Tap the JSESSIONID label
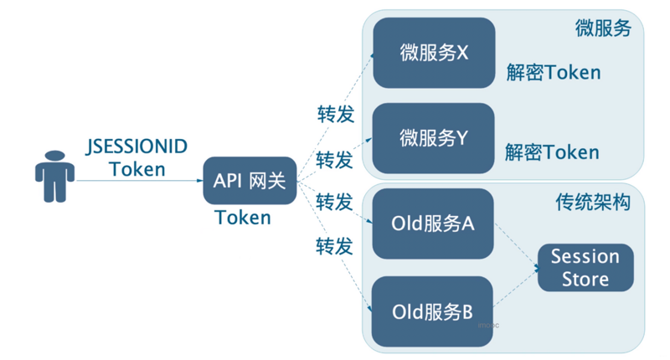tap(137, 147)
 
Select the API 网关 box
tap(250, 180)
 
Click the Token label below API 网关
tap(243, 218)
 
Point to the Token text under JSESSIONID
tap(137, 169)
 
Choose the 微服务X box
tap(434, 53)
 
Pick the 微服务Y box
tap(434, 138)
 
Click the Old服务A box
tap(433, 224)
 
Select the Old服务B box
tap(433, 312)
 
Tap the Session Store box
tap(585, 267)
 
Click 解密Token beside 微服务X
tap(553, 73)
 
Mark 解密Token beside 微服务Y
tap(552, 152)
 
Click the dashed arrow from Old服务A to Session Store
tap(517, 246)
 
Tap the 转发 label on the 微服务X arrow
tap(335, 115)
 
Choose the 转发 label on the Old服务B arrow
tap(334, 246)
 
